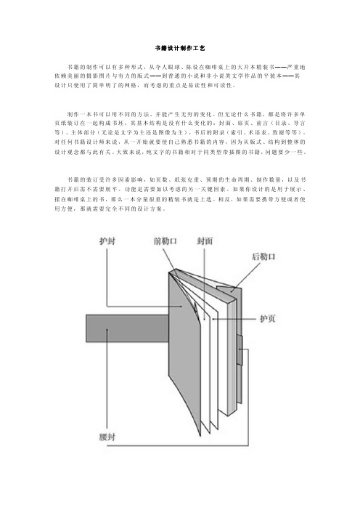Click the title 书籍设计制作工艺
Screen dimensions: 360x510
180,48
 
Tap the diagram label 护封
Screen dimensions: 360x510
107,241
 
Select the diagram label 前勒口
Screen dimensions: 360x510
165,241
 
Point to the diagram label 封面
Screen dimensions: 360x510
205,241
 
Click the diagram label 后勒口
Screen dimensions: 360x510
263,256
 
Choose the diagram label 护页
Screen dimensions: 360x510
268,318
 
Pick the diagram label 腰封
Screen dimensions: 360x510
107,437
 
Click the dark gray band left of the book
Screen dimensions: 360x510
127,328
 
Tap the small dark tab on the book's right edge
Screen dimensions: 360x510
240,350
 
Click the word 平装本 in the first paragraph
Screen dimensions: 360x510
272,76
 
